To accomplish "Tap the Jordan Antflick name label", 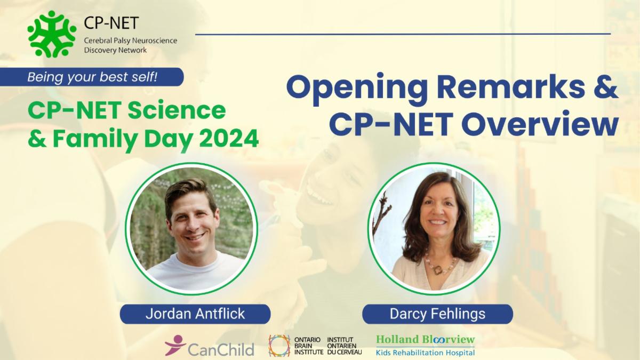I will pos(195,314).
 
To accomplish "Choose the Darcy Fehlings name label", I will pos(437,314).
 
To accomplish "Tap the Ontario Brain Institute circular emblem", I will pos(279,346).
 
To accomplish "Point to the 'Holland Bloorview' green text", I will pos(425,339).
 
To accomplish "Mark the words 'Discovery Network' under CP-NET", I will pos(115,50).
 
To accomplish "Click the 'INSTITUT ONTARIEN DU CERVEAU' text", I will pos(343,346).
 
